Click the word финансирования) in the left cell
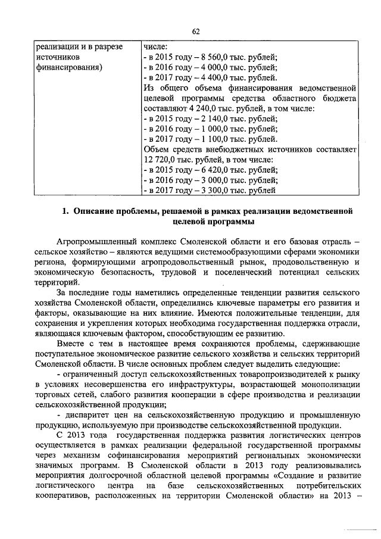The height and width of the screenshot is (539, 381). (68, 67)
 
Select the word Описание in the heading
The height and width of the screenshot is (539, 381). (96, 211)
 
